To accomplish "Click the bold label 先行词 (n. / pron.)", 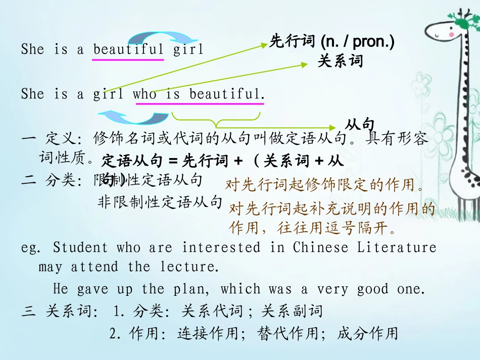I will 331,41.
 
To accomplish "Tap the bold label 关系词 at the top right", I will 340,62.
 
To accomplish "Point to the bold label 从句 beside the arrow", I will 360,124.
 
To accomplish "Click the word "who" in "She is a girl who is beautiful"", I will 145,94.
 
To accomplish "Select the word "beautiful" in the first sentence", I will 128,49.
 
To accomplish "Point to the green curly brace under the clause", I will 216,120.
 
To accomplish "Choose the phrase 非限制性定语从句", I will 160,202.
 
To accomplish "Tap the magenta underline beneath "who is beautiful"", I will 200,104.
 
